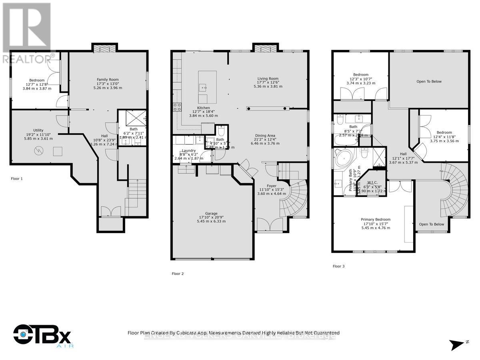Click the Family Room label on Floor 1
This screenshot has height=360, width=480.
pos(108,80)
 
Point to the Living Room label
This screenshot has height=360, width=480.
pos(268,79)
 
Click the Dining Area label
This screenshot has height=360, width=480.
pos(265,135)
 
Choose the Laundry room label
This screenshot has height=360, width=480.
pos(188,150)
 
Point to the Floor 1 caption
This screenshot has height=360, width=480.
pos(17,178)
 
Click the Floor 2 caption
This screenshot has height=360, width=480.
pos(178,274)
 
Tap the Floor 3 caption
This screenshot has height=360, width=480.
pos(338,266)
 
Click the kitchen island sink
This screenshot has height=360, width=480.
pos(204,86)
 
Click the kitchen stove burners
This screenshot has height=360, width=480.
pos(176,107)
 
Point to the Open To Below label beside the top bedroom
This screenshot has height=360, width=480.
pos(429,82)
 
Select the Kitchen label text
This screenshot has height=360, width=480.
pos(203,108)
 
